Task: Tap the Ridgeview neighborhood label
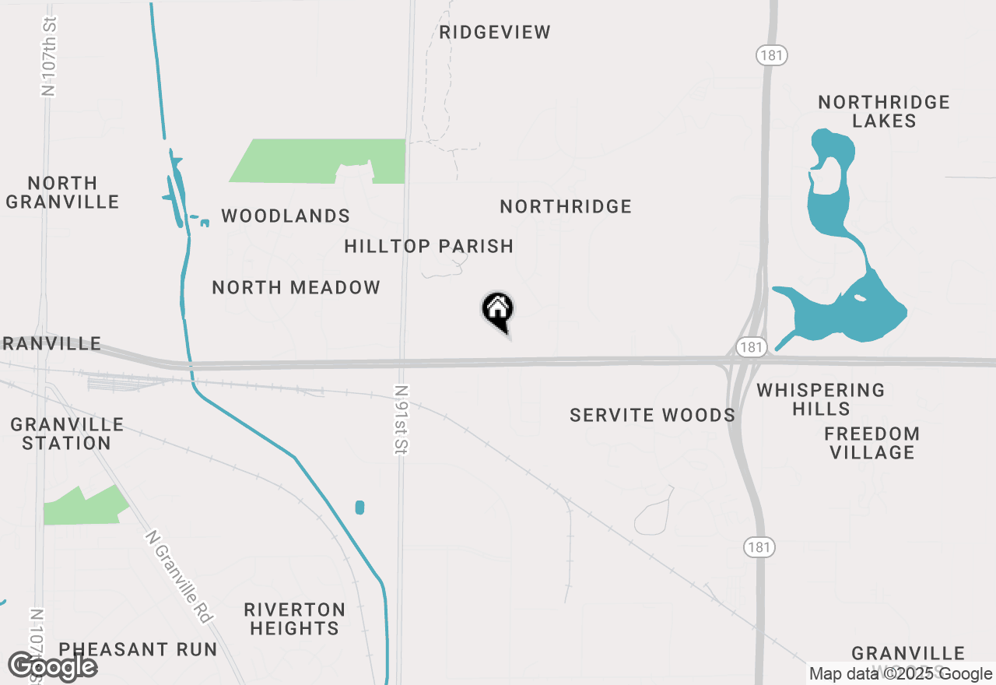(494, 33)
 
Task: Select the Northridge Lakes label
(884, 111)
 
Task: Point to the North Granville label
(62, 192)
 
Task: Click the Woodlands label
(286, 216)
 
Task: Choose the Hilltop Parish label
(429, 246)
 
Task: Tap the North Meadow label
(296, 287)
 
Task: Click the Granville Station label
(67, 434)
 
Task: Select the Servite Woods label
(652, 415)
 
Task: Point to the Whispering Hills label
(821, 399)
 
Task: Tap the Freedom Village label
(871, 443)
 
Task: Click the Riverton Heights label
(294, 619)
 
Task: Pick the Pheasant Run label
(138, 649)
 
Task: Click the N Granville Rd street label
(179, 577)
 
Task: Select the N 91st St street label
(402, 420)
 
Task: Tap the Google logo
(52, 667)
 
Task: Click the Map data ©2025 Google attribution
(900, 674)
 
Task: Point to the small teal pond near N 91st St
(359, 508)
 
